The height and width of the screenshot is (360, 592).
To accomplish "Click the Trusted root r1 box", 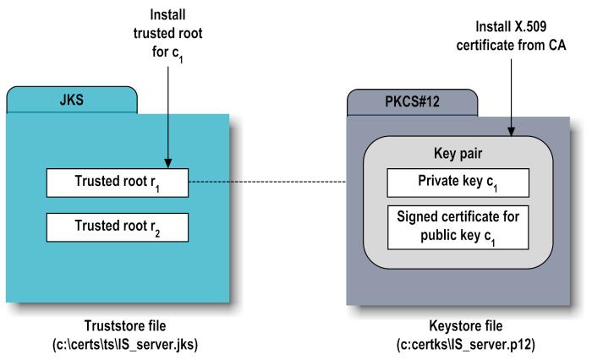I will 116,182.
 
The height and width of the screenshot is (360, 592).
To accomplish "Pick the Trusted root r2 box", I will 116,226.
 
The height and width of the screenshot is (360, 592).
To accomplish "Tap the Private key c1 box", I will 458,183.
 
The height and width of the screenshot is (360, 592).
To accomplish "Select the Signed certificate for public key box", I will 458,226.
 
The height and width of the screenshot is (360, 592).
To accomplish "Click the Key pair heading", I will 458,155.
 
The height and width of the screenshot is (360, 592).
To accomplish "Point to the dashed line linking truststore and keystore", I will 266,182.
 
